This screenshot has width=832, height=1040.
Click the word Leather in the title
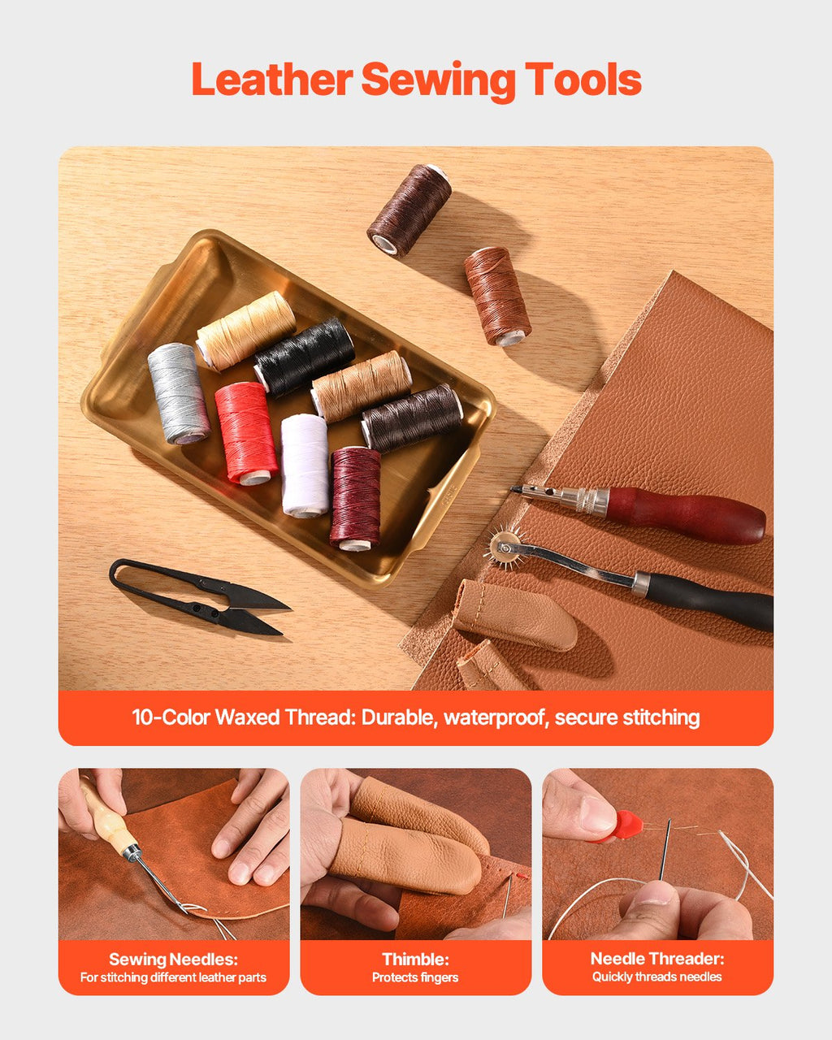coord(271,80)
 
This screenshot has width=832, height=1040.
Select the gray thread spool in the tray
coord(178,393)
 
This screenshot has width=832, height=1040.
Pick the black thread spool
coord(305,357)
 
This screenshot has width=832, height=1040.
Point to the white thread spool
coord(305,465)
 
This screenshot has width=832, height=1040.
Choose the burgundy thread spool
coord(355,496)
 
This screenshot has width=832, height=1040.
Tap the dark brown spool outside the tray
coord(409,210)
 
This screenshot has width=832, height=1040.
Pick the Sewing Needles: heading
coord(173,959)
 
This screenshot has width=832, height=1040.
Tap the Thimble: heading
coord(415,959)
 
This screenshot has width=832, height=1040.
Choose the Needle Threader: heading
coord(656,959)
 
